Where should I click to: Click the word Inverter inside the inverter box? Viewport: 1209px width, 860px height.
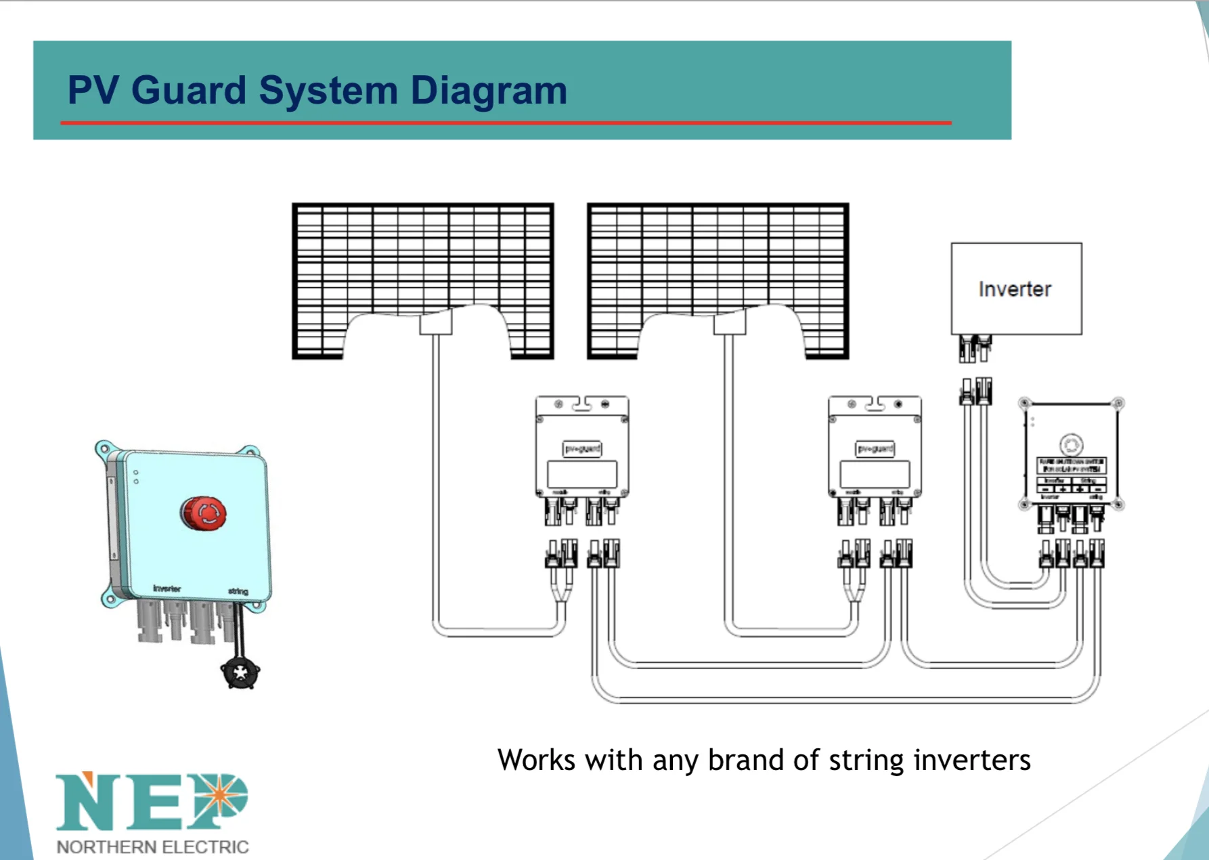coord(1015,289)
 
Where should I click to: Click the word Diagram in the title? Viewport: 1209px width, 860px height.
coord(489,90)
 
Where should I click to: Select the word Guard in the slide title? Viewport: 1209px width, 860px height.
coord(189,90)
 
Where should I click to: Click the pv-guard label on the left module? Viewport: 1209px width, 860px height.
coord(582,448)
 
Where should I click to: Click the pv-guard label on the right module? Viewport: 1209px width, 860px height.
coord(875,448)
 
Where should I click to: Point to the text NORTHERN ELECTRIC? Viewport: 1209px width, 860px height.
coord(152,846)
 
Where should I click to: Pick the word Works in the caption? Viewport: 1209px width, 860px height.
coord(536,760)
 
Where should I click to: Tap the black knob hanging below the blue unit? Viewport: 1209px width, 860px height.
coord(240,672)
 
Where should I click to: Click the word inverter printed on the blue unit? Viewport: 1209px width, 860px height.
coord(167,588)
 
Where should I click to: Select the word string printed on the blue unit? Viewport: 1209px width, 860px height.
coord(238,591)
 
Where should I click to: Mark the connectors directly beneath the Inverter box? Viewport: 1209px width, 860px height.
coord(975,348)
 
